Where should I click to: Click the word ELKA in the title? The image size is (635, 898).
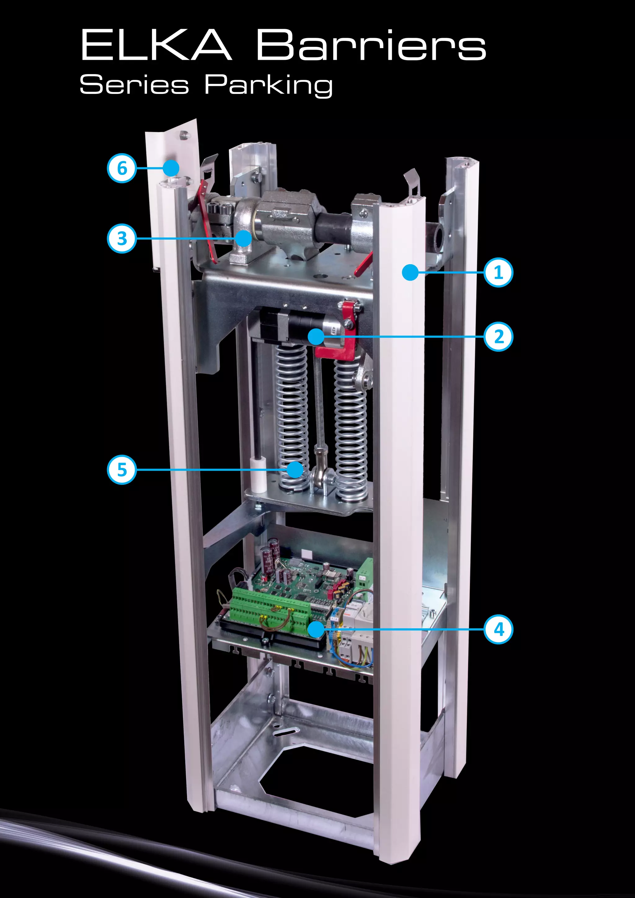pyautogui.click(x=156, y=45)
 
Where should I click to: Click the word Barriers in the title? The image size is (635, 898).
pyautogui.click(x=371, y=45)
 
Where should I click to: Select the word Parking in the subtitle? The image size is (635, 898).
pyautogui.click(x=269, y=85)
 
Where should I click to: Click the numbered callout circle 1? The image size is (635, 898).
pyautogui.click(x=498, y=272)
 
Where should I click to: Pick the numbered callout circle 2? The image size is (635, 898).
pyautogui.click(x=498, y=336)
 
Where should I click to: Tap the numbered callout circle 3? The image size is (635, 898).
pyautogui.click(x=122, y=238)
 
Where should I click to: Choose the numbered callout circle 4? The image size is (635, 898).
pyautogui.click(x=498, y=629)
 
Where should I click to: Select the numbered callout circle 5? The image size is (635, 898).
pyautogui.click(x=122, y=469)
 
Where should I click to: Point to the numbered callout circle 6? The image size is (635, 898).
pyautogui.click(x=122, y=168)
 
